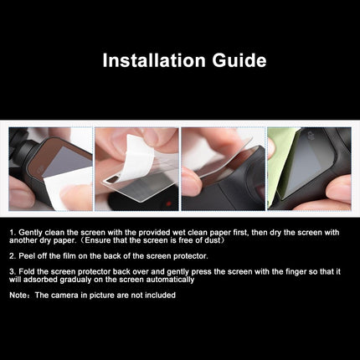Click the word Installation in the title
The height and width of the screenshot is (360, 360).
[153, 60]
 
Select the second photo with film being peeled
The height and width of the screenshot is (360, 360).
[136, 168]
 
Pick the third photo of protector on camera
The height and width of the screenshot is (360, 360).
[223, 168]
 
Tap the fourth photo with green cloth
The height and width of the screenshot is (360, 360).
[309, 168]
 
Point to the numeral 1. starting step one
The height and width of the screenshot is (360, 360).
[12, 229]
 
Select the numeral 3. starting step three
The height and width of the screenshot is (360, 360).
[12, 270]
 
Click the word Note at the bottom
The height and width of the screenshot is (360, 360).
[17, 295]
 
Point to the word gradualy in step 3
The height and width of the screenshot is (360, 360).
[76, 279]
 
